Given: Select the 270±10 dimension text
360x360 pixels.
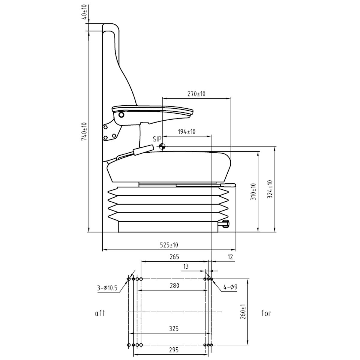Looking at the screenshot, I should (x=196, y=94).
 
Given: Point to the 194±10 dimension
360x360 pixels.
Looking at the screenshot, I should (x=187, y=132).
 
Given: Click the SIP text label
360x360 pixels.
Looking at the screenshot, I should (x=157, y=139).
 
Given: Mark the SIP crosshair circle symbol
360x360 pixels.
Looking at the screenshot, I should (x=162, y=146).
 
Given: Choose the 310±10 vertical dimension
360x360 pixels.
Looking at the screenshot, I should (x=253, y=192).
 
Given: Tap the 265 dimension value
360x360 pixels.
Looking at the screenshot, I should (x=174, y=257).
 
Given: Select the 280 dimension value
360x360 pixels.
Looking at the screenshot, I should (x=174, y=286).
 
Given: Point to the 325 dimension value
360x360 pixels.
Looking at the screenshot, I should (x=173, y=329).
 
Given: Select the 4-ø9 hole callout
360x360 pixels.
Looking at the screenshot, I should (x=230, y=287).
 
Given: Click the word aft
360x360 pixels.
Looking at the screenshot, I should (x=100, y=313).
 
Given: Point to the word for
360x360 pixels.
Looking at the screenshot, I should (x=266, y=313).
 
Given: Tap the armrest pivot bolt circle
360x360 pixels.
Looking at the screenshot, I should (x=121, y=115).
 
